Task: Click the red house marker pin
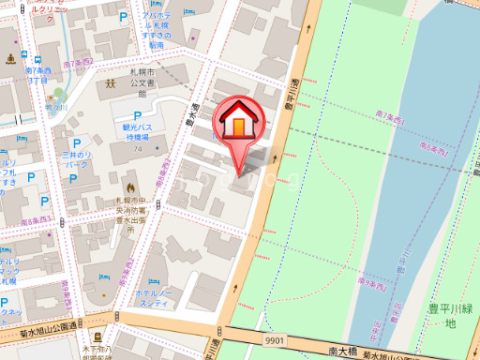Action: click(239, 126)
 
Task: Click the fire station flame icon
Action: click(129, 179)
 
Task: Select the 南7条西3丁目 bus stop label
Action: click(38, 75)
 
